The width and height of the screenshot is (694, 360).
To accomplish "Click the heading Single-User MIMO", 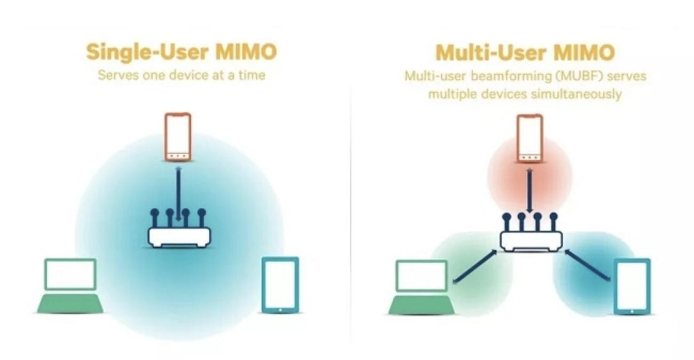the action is click(x=182, y=52).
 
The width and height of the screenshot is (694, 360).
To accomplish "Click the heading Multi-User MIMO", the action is click(x=525, y=53).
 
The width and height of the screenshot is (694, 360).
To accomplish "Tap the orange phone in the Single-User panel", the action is click(x=178, y=137).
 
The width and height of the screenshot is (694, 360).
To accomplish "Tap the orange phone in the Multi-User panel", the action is click(x=530, y=138).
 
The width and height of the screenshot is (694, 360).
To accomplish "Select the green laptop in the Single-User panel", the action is click(x=70, y=285).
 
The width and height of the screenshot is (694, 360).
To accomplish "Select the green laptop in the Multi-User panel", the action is click(x=422, y=287).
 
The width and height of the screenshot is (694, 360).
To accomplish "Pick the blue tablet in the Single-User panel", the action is click(x=280, y=285).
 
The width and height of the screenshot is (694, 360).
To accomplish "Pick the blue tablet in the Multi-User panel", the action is click(x=633, y=286).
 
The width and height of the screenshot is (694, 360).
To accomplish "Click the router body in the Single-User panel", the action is click(x=179, y=238).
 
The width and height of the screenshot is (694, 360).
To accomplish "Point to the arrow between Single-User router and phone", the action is click(x=178, y=194).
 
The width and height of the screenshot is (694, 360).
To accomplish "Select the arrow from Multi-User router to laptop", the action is click(x=475, y=267).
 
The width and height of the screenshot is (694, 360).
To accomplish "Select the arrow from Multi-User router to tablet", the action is click(x=587, y=265).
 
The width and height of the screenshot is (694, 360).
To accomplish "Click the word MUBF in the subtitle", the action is click(x=579, y=76).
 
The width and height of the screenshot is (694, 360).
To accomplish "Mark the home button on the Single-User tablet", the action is click(x=280, y=310).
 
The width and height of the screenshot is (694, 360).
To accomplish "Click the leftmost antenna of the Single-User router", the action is click(x=155, y=218).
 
